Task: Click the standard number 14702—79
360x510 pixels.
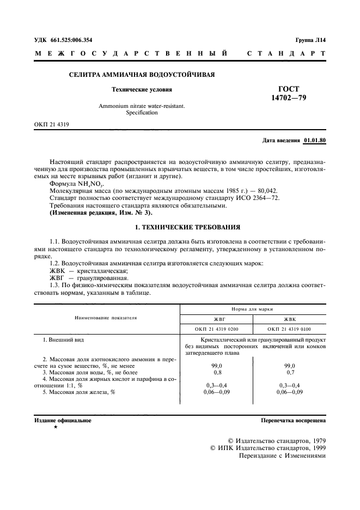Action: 289,98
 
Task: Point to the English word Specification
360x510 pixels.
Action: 142,113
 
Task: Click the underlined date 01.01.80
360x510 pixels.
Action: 314,141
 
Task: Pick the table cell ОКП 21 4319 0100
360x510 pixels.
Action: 289,329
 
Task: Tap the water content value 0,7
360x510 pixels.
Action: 289,372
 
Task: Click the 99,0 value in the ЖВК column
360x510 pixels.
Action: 289,366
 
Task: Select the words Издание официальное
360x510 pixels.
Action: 63,421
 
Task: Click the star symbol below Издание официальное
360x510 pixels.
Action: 56,428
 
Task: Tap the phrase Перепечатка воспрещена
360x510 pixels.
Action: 293,421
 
